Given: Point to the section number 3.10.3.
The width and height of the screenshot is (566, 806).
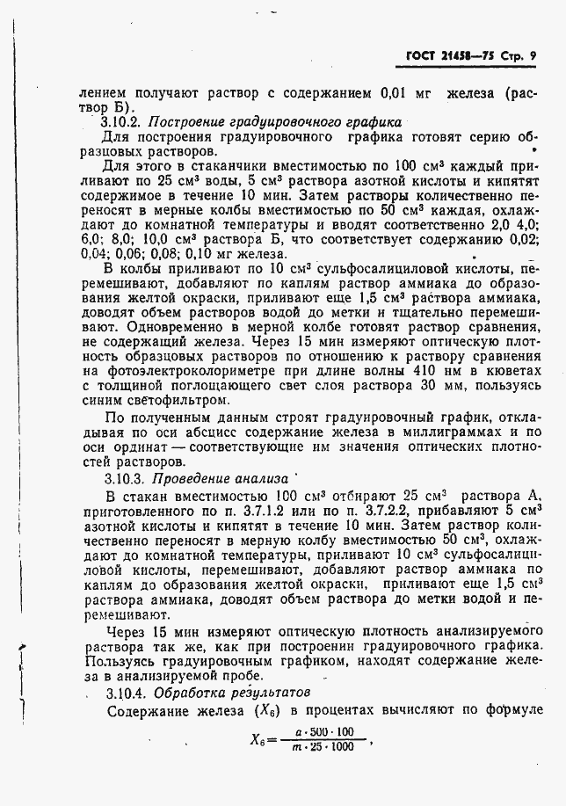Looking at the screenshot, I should [x=121, y=479].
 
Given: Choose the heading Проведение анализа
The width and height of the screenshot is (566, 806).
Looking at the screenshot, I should [x=221, y=479].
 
